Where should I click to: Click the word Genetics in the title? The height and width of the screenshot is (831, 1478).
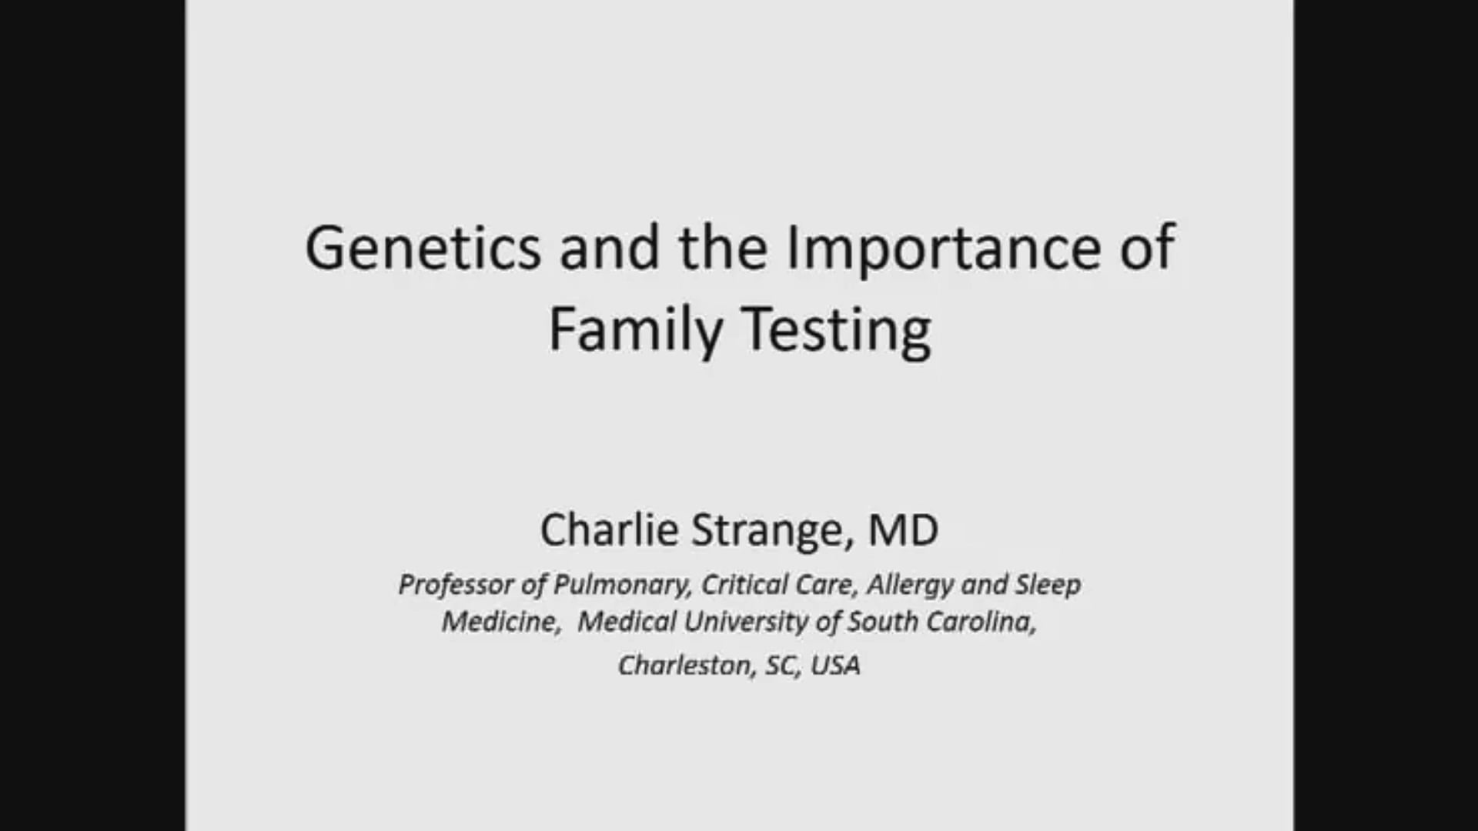pyautogui.click(x=423, y=248)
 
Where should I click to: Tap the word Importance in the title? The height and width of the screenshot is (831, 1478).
pyautogui.click(x=944, y=248)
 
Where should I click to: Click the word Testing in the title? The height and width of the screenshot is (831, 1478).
pyautogui.click(x=837, y=329)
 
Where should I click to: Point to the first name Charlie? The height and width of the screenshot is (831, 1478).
pyautogui.click(x=609, y=530)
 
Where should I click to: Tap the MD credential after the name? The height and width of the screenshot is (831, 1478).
pyautogui.click(x=903, y=530)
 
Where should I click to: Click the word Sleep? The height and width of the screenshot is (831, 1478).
pyautogui.click(x=1048, y=585)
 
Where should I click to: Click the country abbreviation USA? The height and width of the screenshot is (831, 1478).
pyautogui.click(x=835, y=665)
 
